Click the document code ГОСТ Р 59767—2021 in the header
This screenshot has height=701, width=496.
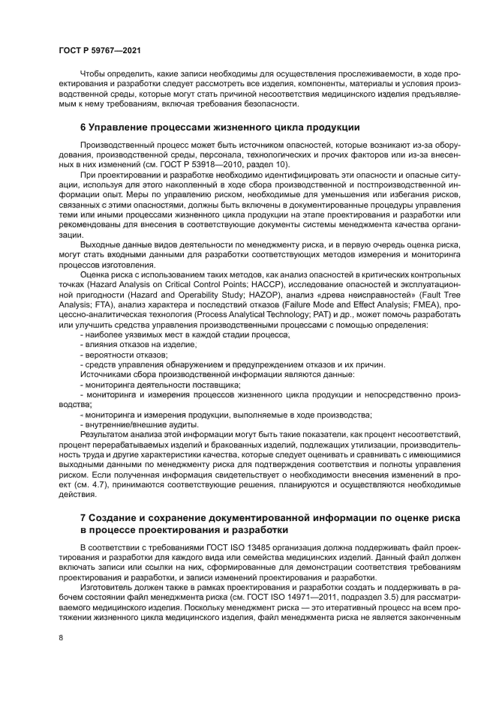click(99, 49)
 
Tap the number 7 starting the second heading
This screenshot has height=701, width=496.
click(83, 518)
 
